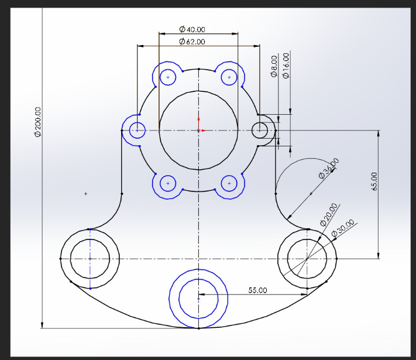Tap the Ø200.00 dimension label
pos(38,122)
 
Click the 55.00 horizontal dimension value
pos(257,290)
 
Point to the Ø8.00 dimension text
pos(274,67)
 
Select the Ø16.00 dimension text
pos(286,66)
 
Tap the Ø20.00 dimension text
pos(329,214)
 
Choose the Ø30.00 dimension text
pos(343,228)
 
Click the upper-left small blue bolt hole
pos(169,77)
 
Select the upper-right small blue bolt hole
pos(229,77)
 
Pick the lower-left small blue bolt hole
pos(169,183)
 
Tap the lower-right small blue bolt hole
pos(229,183)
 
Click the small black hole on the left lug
pos(137,130)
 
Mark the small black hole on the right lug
pos(259,130)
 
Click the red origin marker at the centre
pos(199,130)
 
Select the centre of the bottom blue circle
pos(198,299)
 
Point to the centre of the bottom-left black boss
pos(90,258)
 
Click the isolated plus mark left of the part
pos(86,193)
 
